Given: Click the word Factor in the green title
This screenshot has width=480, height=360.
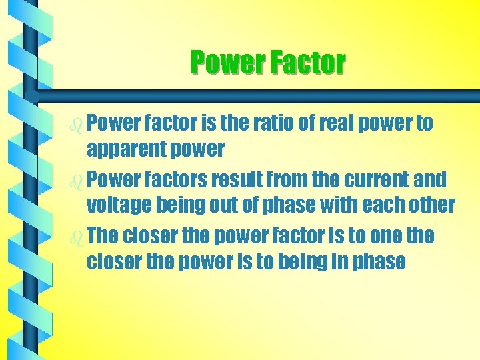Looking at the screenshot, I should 307,63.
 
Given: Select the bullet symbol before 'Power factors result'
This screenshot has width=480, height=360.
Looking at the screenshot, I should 77,181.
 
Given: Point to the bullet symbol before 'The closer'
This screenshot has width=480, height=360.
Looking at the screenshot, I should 77,237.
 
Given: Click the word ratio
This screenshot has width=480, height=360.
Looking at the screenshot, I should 269,123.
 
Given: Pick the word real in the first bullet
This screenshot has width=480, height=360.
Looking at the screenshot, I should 339,123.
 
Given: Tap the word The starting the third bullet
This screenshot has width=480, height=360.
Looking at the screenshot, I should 103,235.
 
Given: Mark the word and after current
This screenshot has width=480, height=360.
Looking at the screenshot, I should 431,179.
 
